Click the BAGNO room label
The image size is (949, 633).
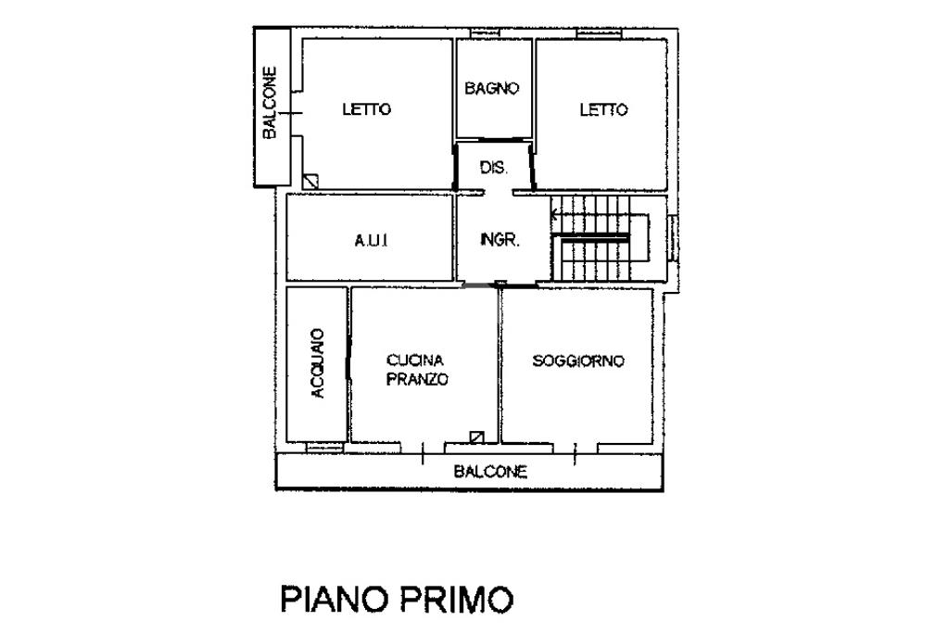pyautogui.click(x=492, y=89)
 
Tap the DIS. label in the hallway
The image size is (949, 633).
pyautogui.click(x=492, y=168)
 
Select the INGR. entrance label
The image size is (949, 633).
pyautogui.click(x=500, y=240)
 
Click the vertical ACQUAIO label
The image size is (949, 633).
pyautogui.click(x=318, y=363)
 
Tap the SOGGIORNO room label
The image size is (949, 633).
pyautogui.click(x=578, y=361)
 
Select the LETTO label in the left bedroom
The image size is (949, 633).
pyautogui.click(x=366, y=109)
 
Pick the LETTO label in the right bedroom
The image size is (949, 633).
pyautogui.click(x=603, y=109)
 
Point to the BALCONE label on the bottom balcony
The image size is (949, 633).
pyautogui.click(x=490, y=472)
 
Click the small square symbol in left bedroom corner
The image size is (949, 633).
pyautogui.click(x=311, y=182)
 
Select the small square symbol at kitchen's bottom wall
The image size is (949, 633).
pyautogui.click(x=476, y=437)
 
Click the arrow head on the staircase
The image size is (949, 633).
pyautogui.click(x=555, y=217)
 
